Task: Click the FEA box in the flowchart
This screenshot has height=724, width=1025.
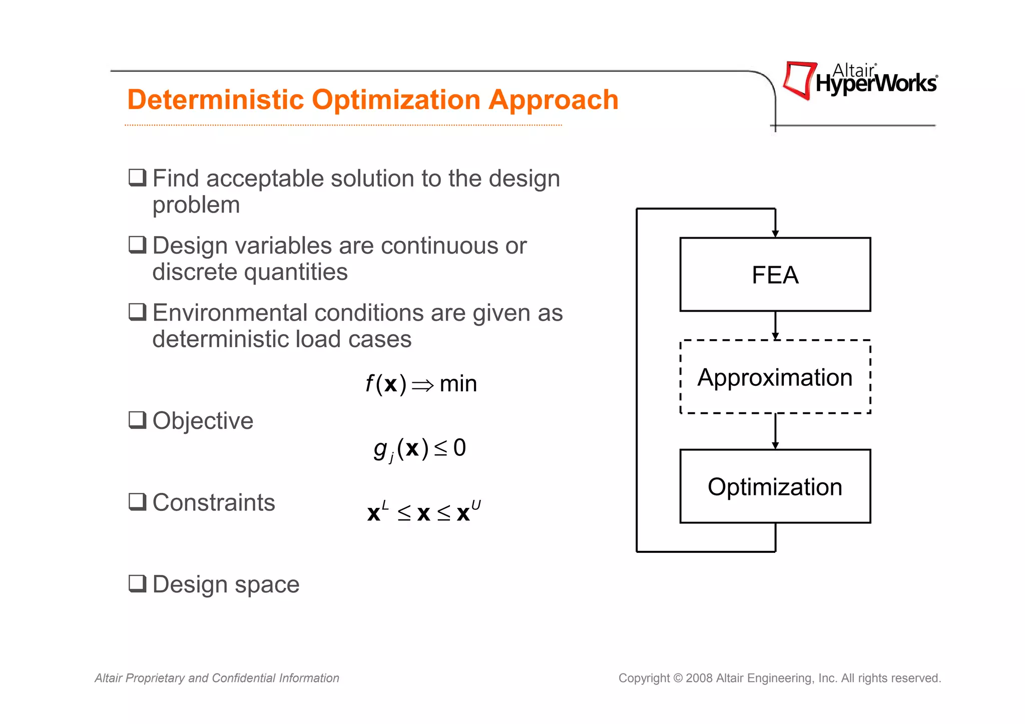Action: pyautogui.click(x=775, y=274)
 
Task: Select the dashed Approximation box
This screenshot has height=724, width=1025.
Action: pyautogui.click(x=775, y=377)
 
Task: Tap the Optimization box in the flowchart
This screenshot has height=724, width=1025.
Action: pyautogui.click(x=775, y=486)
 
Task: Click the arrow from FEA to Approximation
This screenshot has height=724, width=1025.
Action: pyautogui.click(x=775, y=325)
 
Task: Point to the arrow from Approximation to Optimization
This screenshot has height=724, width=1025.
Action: pyautogui.click(x=775, y=431)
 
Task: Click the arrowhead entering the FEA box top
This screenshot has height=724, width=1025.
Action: pyautogui.click(x=775, y=233)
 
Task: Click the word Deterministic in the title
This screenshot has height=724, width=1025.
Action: pyautogui.click(x=216, y=100)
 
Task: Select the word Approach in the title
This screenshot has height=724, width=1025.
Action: pyautogui.click(x=553, y=100)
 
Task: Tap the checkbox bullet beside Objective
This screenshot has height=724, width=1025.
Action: pyautogui.click(x=138, y=420)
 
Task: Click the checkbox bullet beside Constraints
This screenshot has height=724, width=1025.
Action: pyautogui.click(x=138, y=501)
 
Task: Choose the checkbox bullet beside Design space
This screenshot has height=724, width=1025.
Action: pyautogui.click(x=138, y=583)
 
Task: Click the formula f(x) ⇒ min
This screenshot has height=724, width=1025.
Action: pyautogui.click(x=421, y=384)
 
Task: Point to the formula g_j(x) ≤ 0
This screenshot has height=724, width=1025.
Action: pyautogui.click(x=419, y=448)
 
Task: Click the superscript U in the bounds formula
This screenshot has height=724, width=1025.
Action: pyautogui.click(x=476, y=505)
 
